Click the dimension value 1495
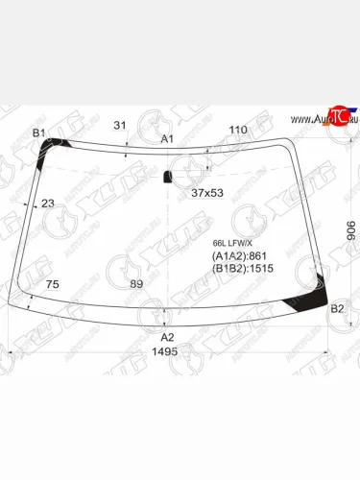166,352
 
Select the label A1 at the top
167,139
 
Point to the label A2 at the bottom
167,337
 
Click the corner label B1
39,132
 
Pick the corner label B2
337,308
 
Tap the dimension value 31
120,125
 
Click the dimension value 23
48,203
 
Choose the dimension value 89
136,284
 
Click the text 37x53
206,193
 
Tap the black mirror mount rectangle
168,177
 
